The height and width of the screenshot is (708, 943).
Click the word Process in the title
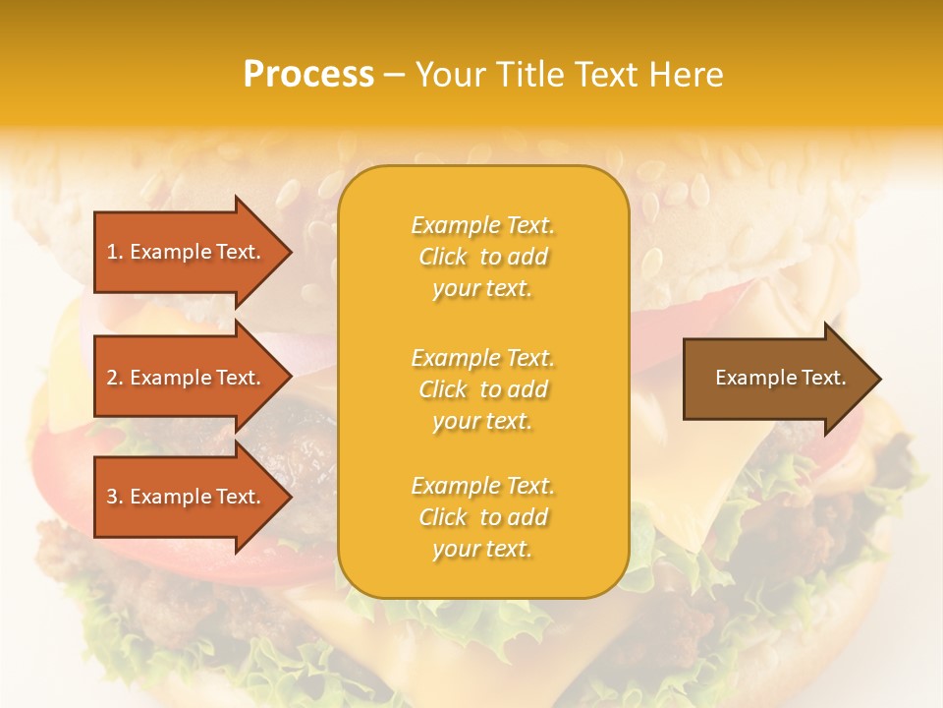308,75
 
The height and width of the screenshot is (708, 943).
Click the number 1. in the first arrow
115,252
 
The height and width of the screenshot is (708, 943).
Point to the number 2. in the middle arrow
115,378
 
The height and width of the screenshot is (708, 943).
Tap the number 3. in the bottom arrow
115,497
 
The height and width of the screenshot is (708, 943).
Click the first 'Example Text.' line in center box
482,225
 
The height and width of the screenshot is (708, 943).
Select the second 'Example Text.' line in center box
482,358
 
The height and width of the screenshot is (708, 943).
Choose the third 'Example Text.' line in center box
482,486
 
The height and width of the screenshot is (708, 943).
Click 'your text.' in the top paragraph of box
482,288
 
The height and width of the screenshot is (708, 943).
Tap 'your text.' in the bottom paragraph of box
482,549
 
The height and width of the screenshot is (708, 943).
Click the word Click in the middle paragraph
443,389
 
